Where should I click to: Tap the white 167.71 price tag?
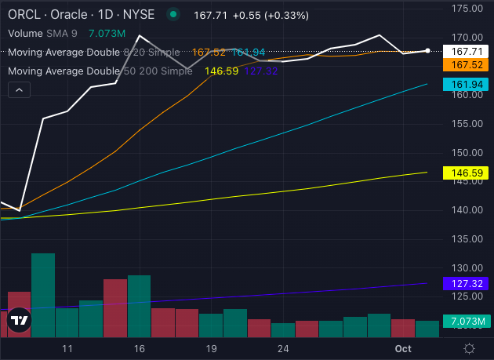tap(467, 51)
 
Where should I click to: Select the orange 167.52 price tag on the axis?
tap(467, 65)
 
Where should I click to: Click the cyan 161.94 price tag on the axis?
tap(467, 83)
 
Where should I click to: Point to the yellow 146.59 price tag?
tap(467, 172)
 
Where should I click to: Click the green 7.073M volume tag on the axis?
tap(467, 322)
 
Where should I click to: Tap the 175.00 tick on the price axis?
tap(466, 8)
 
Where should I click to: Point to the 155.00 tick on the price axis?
tap(466, 124)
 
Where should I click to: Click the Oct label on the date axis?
tap(403, 347)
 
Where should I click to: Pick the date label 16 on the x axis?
tap(140, 347)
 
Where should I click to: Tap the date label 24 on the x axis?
tap(283, 347)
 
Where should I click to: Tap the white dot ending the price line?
tap(427, 51)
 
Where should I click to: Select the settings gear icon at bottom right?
tap(469, 347)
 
